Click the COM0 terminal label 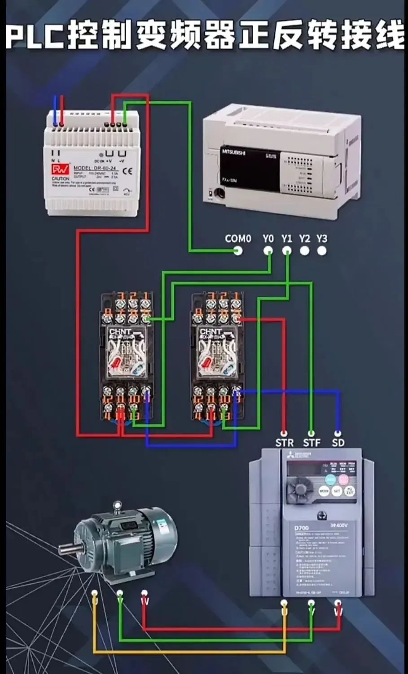pos(237,239)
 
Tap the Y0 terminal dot pos(268,251)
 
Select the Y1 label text pos(287,239)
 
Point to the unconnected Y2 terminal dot pos(305,251)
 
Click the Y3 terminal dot pos(322,251)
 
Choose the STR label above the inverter pos(284,443)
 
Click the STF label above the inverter pos(311,443)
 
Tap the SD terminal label pos(338,443)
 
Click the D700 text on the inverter pos(302,528)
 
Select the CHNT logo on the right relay pos(211,332)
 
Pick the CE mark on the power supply pos(127,170)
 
